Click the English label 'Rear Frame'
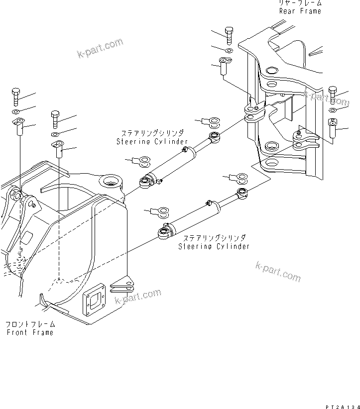coord(300,11)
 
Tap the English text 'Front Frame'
coord(30,332)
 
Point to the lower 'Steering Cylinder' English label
coord(214,246)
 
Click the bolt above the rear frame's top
coord(229,34)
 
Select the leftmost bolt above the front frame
coord(14,96)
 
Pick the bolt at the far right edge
coord(333,95)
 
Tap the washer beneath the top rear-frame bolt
coord(229,50)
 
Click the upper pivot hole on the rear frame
coord(272,70)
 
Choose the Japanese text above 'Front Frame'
coord(30,324)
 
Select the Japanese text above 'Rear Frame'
coord(300,3)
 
